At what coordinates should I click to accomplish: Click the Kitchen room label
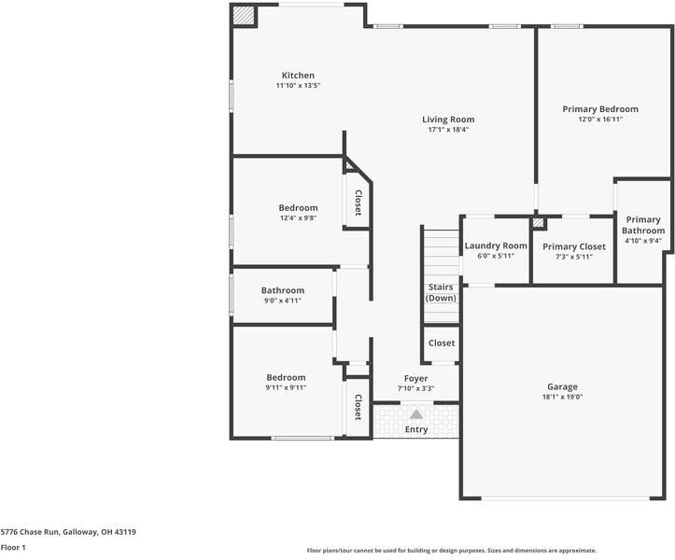tap(298, 76)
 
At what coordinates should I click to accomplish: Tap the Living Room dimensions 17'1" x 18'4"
tap(448, 130)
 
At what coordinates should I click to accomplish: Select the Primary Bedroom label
tap(600, 109)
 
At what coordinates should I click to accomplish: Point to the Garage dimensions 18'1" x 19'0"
tap(562, 397)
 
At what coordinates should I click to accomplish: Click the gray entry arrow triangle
tap(416, 414)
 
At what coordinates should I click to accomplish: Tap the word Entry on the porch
tap(416, 429)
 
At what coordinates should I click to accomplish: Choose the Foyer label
tap(415, 379)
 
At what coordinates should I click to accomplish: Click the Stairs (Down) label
tap(441, 293)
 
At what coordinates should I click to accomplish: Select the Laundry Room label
tap(496, 245)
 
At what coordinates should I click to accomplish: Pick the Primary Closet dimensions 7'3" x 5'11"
tap(574, 257)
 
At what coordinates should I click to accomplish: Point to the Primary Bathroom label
tap(643, 225)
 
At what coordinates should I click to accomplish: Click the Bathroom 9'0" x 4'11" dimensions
tap(282, 301)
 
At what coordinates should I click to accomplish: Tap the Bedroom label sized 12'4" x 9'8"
tap(298, 208)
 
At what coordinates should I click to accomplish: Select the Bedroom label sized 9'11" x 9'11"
tap(286, 377)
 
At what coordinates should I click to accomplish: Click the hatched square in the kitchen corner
tap(244, 16)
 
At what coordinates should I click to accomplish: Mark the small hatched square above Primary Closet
tap(538, 222)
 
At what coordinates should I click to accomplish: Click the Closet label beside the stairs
tap(442, 343)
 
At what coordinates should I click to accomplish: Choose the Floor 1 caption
tap(13, 548)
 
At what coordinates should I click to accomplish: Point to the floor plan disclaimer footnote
tap(452, 551)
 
